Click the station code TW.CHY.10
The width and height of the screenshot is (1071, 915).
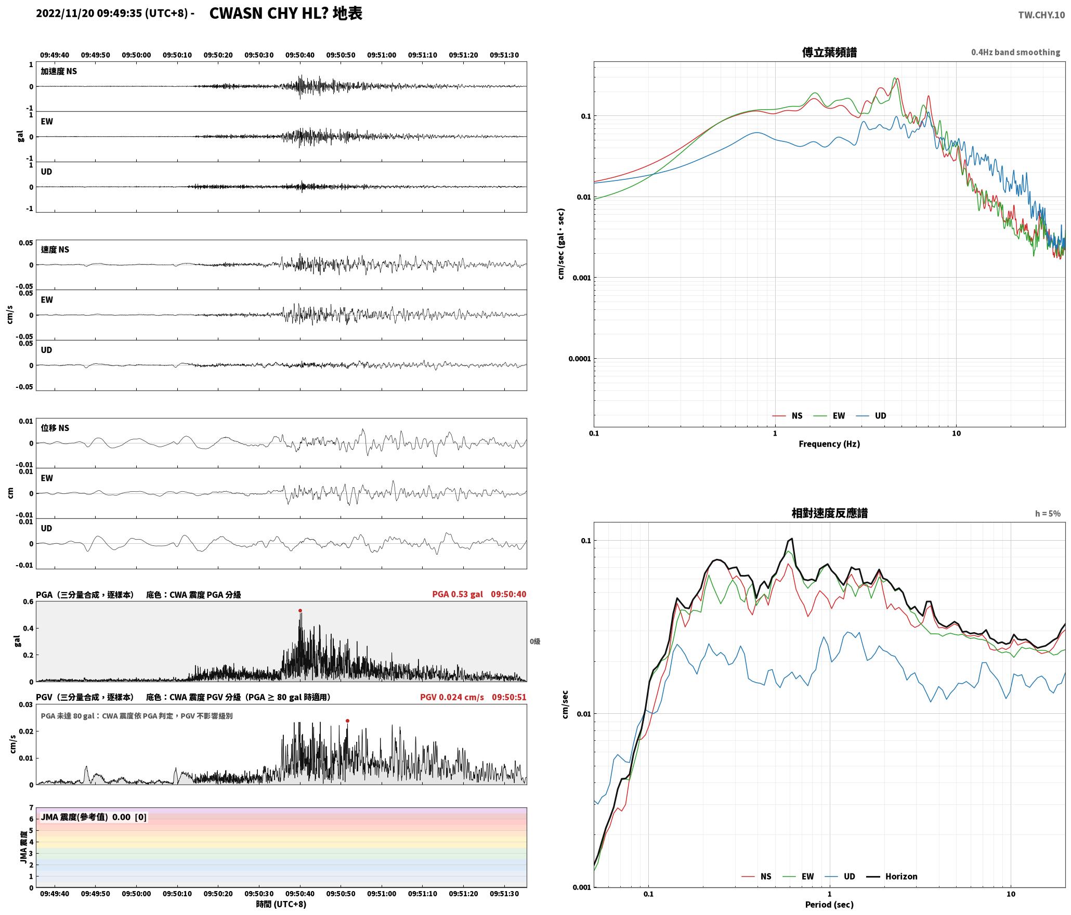[x=1041, y=15]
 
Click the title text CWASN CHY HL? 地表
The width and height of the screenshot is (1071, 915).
[x=285, y=14]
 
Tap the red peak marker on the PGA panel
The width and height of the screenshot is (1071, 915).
[x=300, y=611]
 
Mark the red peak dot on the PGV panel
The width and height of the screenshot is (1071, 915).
[x=347, y=721]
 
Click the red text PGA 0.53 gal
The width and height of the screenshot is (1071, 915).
[x=457, y=594]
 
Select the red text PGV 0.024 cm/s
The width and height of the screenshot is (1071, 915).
[x=452, y=697]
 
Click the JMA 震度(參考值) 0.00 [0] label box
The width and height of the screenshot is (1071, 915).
[x=94, y=817]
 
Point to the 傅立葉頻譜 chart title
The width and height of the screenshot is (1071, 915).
[x=829, y=53]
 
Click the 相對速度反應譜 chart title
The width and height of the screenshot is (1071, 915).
[x=829, y=513]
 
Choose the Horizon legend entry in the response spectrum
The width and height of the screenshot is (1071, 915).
[x=892, y=877]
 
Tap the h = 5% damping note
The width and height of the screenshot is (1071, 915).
[x=1048, y=514]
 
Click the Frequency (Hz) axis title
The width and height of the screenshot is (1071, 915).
[x=829, y=444]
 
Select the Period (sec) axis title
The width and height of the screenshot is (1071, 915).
[x=829, y=905]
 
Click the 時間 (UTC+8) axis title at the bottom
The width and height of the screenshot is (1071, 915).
[x=281, y=904]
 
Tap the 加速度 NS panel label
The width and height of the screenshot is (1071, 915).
[x=59, y=71]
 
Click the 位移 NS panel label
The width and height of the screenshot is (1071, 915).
[x=55, y=428]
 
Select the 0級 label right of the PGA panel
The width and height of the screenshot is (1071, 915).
[x=535, y=642]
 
